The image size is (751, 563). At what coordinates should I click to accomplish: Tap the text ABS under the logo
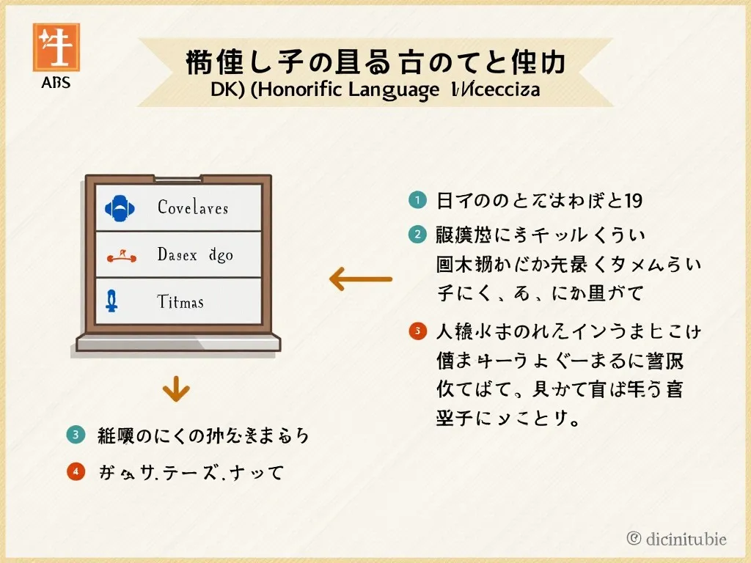tap(56, 83)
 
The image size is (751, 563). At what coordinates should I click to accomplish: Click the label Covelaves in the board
tap(193, 208)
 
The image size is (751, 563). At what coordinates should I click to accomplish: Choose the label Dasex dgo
tap(194, 255)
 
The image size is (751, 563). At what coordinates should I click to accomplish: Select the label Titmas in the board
tap(180, 301)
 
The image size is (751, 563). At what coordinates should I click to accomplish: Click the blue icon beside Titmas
tap(114, 301)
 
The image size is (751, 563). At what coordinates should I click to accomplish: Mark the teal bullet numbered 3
tap(76, 435)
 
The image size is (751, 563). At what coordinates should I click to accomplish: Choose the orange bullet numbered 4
tap(76, 472)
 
